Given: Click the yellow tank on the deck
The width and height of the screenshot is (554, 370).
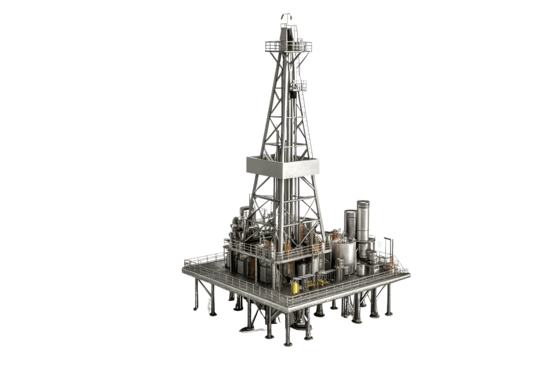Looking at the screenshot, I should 295,287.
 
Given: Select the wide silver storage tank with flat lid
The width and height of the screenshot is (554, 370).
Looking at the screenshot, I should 343,254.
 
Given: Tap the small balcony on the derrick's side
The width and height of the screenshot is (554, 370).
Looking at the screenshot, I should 300,85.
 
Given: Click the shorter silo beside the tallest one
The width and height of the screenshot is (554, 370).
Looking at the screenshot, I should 350,225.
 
